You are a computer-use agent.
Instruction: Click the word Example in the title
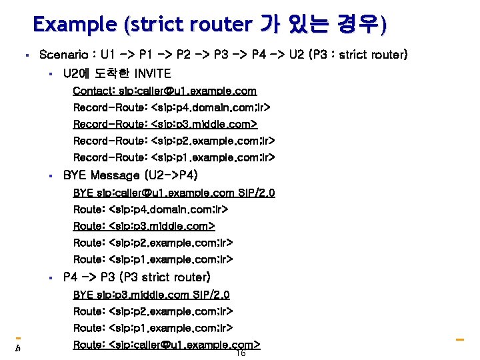[77, 25]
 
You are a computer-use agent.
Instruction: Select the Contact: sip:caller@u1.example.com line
[165, 91]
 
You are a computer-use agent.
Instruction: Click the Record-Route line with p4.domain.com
[172, 107]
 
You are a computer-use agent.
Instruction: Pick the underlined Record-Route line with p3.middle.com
[165, 124]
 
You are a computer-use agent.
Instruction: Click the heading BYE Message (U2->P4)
[130, 175]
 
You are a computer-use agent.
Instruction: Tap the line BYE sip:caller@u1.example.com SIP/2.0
[174, 193]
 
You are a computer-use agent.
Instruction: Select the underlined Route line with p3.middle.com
[144, 226]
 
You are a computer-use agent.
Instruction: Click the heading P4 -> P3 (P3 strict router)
[137, 277]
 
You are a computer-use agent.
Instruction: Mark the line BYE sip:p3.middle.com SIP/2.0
[151, 295]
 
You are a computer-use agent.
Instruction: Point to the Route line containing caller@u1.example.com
[166, 345]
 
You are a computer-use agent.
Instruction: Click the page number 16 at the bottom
[241, 353]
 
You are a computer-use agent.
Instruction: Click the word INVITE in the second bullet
[153, 73]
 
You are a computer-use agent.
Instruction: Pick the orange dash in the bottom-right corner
[459, 340]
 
